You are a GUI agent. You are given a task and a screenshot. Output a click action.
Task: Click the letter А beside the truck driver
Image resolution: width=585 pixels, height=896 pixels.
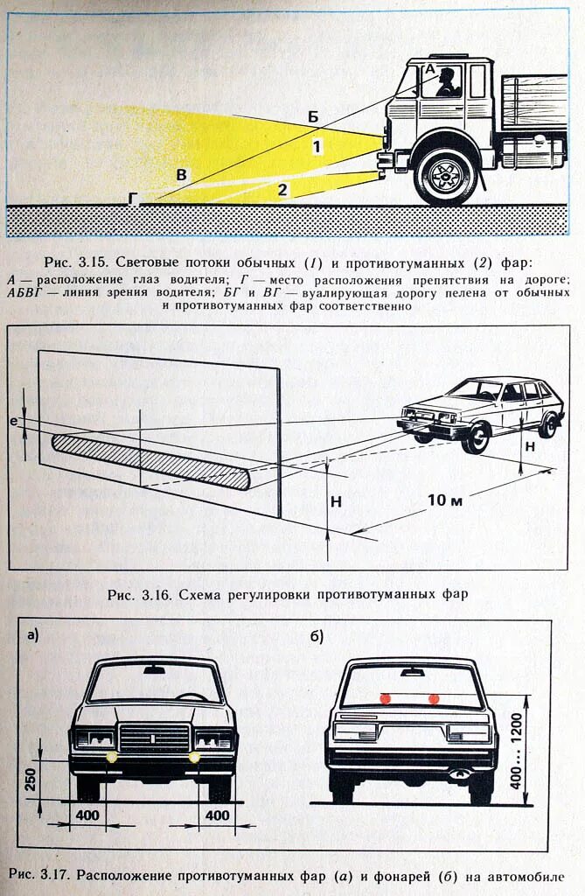coord(428,67)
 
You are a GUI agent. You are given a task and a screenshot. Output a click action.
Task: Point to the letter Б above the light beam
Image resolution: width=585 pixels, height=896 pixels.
coord(312,115)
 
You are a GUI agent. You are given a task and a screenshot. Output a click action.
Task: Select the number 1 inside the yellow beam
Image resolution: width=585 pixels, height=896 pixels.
coord(317,147)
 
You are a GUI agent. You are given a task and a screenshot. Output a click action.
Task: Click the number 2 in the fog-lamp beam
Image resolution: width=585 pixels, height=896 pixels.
coord(282,189)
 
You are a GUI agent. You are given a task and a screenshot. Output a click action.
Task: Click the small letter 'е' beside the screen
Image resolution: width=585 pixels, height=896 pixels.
coord(13,422)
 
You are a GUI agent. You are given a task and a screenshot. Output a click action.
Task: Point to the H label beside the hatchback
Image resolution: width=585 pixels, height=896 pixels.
coord(529,445)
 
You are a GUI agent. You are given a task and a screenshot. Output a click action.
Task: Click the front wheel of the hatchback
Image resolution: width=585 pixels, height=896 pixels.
coord(475,437)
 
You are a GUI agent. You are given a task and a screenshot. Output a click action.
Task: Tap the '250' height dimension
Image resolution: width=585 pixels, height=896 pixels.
coord(31,778)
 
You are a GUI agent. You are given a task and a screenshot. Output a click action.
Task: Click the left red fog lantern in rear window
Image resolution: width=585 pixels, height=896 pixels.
coord(385,698)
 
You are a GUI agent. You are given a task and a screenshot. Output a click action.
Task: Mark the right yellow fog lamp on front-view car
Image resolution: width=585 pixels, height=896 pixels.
coord(194,757)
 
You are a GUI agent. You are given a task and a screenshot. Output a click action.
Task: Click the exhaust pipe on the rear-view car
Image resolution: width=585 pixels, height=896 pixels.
coord(456,773)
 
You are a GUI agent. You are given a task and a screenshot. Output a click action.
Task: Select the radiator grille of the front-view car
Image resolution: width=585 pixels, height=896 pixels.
coord(154,737)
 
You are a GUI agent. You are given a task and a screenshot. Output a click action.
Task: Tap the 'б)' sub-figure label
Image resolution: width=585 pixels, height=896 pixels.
coord(316,636)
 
